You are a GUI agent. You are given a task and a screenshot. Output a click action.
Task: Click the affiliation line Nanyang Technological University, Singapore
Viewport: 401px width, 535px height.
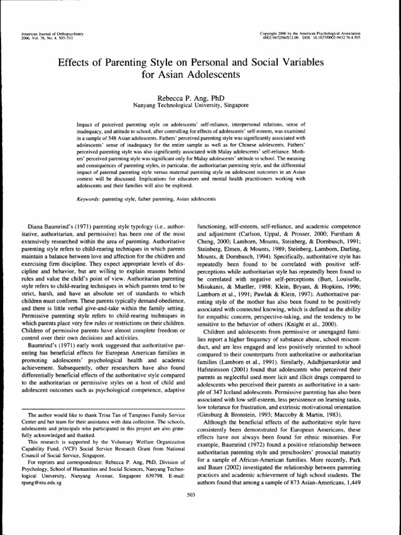pos(192,105)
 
